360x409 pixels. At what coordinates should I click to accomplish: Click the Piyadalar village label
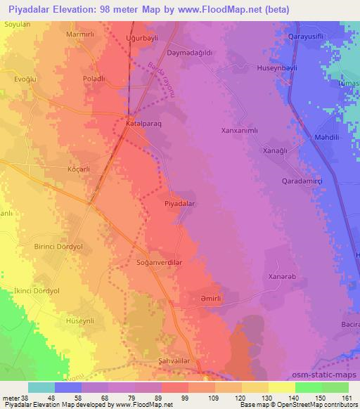[x=179, y=202]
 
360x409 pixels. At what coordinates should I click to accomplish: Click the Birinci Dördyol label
[x=60, y=247]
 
